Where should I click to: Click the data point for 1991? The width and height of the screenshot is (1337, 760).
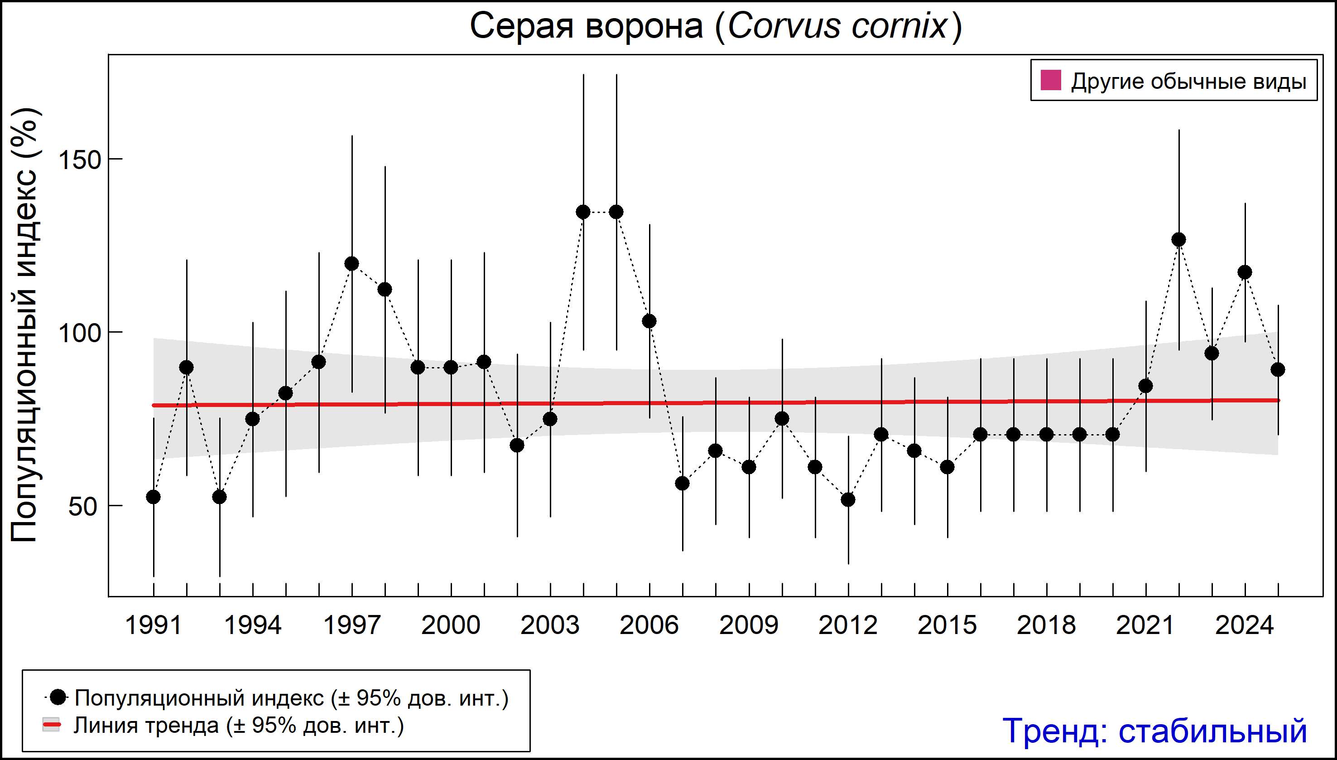point(154,497)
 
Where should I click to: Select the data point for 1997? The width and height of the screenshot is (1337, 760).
point(352,264)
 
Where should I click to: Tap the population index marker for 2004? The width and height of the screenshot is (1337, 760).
point(583,212)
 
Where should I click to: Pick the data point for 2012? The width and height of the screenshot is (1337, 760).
point(848,499)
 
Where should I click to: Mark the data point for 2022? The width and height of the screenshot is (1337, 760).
point(1179,240)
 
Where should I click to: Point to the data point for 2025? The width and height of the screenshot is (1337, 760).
point(1278,369)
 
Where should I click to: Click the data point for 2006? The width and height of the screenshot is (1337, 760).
point(649,321)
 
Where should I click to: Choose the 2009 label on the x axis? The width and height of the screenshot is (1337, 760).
point(749,625)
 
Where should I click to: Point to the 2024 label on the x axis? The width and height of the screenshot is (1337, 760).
point(1245,625)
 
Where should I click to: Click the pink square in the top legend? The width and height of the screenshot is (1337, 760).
point(1051,81)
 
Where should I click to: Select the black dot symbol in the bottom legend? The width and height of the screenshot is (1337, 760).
point(58,697)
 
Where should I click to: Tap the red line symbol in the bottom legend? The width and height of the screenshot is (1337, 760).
point(51,725)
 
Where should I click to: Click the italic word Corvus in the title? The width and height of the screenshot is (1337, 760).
point(783,26)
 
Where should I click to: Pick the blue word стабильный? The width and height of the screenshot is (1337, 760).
point(1212,731)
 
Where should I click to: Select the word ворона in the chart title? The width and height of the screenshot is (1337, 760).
point(643,26)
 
